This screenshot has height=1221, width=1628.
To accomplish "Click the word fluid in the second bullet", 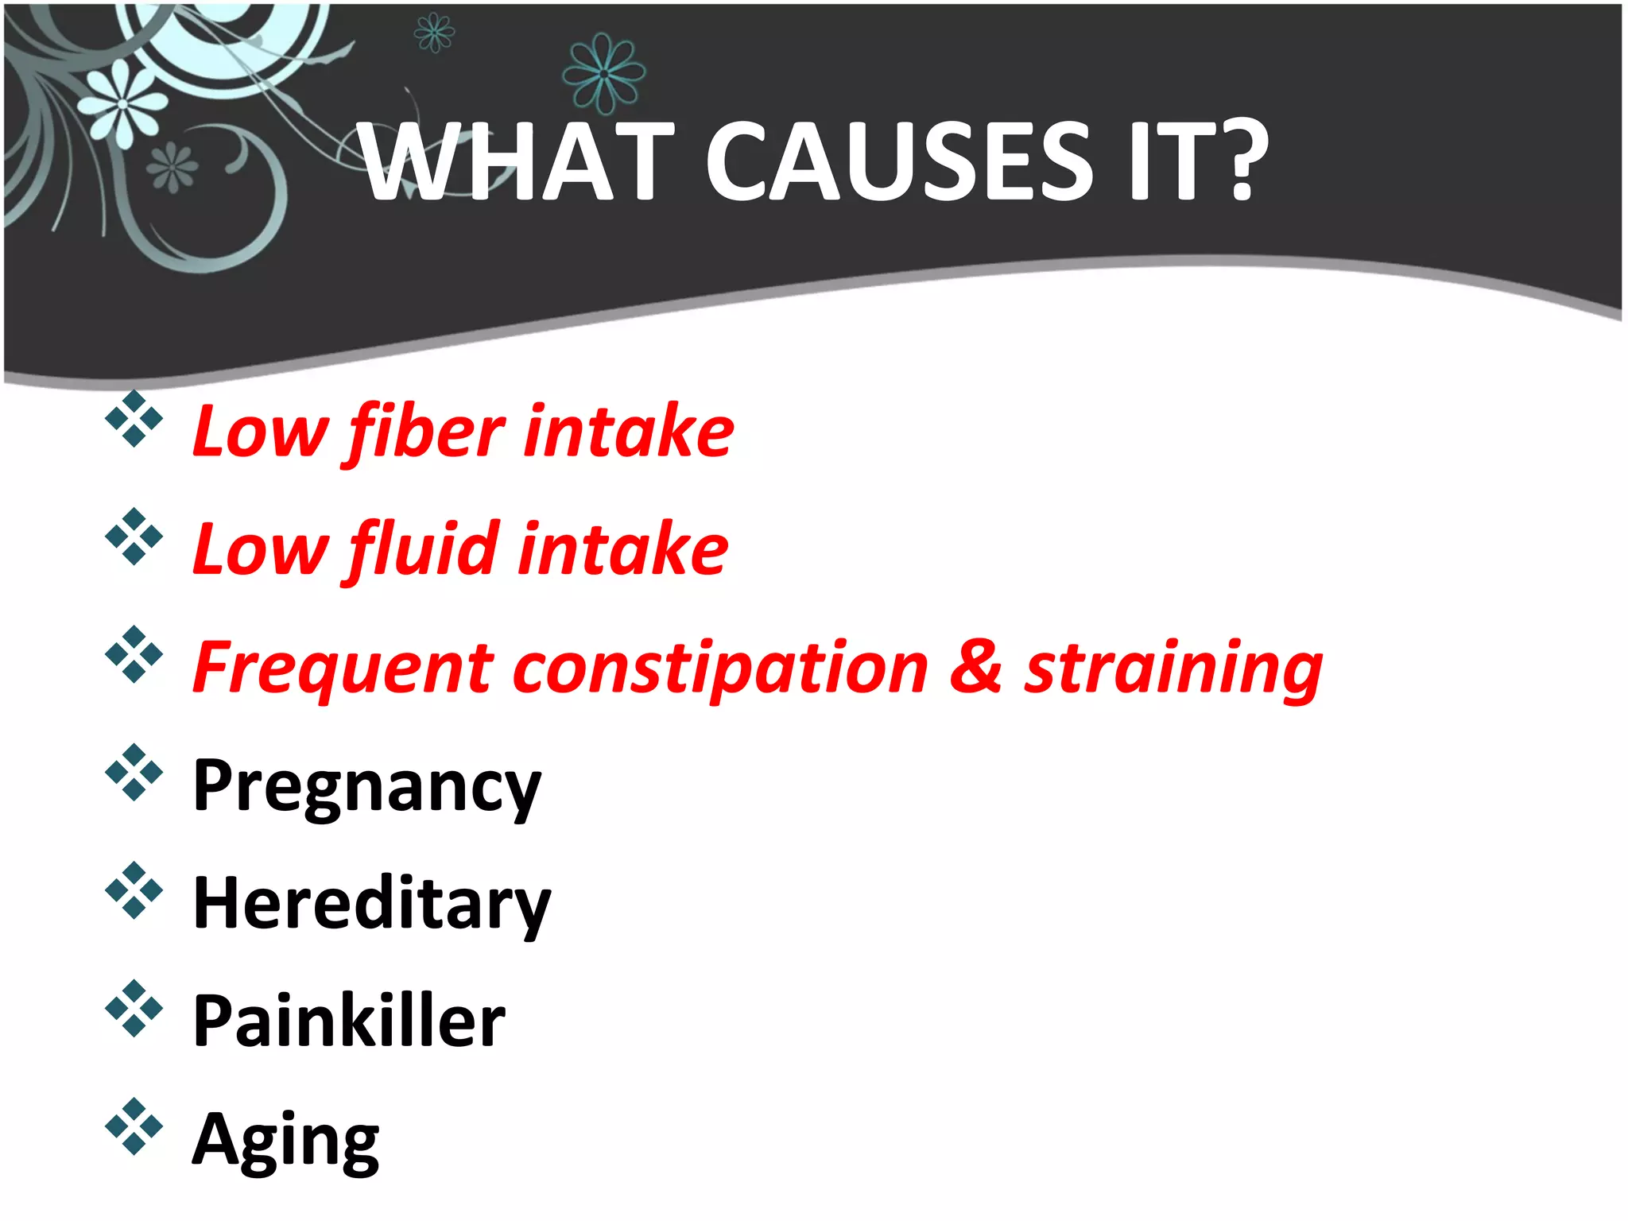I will click(x=424, y=549).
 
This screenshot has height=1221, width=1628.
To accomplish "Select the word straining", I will click(x=1173, y=669).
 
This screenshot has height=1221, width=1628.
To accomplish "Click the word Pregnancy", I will click(x=366, y=786).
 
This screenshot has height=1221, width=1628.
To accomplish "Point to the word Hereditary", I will click(x=371, y=903).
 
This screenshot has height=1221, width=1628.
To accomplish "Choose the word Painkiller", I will click(x=348, y=1021).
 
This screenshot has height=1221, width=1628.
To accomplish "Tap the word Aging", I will click(x=285, y=1140).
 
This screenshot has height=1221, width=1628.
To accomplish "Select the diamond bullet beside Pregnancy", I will click(x=134, y=772).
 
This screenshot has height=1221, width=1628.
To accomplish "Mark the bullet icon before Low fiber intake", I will click(x=134, y=418).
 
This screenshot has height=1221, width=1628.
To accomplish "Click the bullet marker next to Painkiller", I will click(x=134, y=1008).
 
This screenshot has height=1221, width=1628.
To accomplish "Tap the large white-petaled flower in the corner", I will click(x=122, y=104).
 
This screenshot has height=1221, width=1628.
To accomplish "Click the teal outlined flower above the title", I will click(x=603, y=74).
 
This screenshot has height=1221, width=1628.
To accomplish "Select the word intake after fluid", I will click(x=623, y=549).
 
